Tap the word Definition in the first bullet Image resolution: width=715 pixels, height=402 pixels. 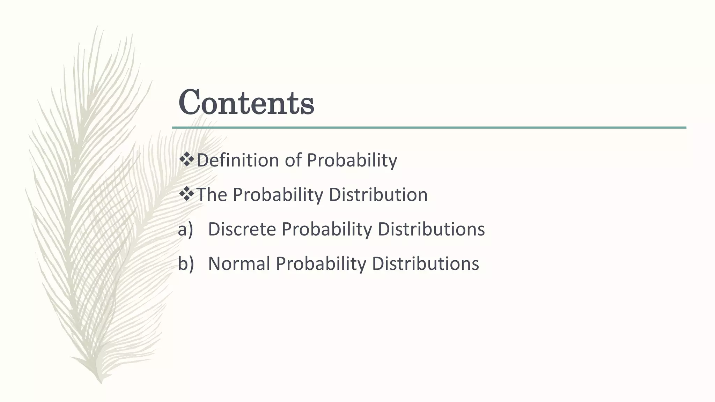click(237, 160)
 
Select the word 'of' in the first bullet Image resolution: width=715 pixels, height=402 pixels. click(293, 160)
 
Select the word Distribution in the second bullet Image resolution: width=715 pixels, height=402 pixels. click(378, 195)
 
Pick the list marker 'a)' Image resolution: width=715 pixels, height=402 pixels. click(185, 230)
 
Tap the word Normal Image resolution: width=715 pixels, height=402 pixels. click(239, 263)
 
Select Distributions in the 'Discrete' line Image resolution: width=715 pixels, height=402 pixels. click(431, 229)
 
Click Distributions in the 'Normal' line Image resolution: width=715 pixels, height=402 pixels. click(425, 263)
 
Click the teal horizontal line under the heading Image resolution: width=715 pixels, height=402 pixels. click(429, 128)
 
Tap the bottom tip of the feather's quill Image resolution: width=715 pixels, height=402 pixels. click(101, 382)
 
